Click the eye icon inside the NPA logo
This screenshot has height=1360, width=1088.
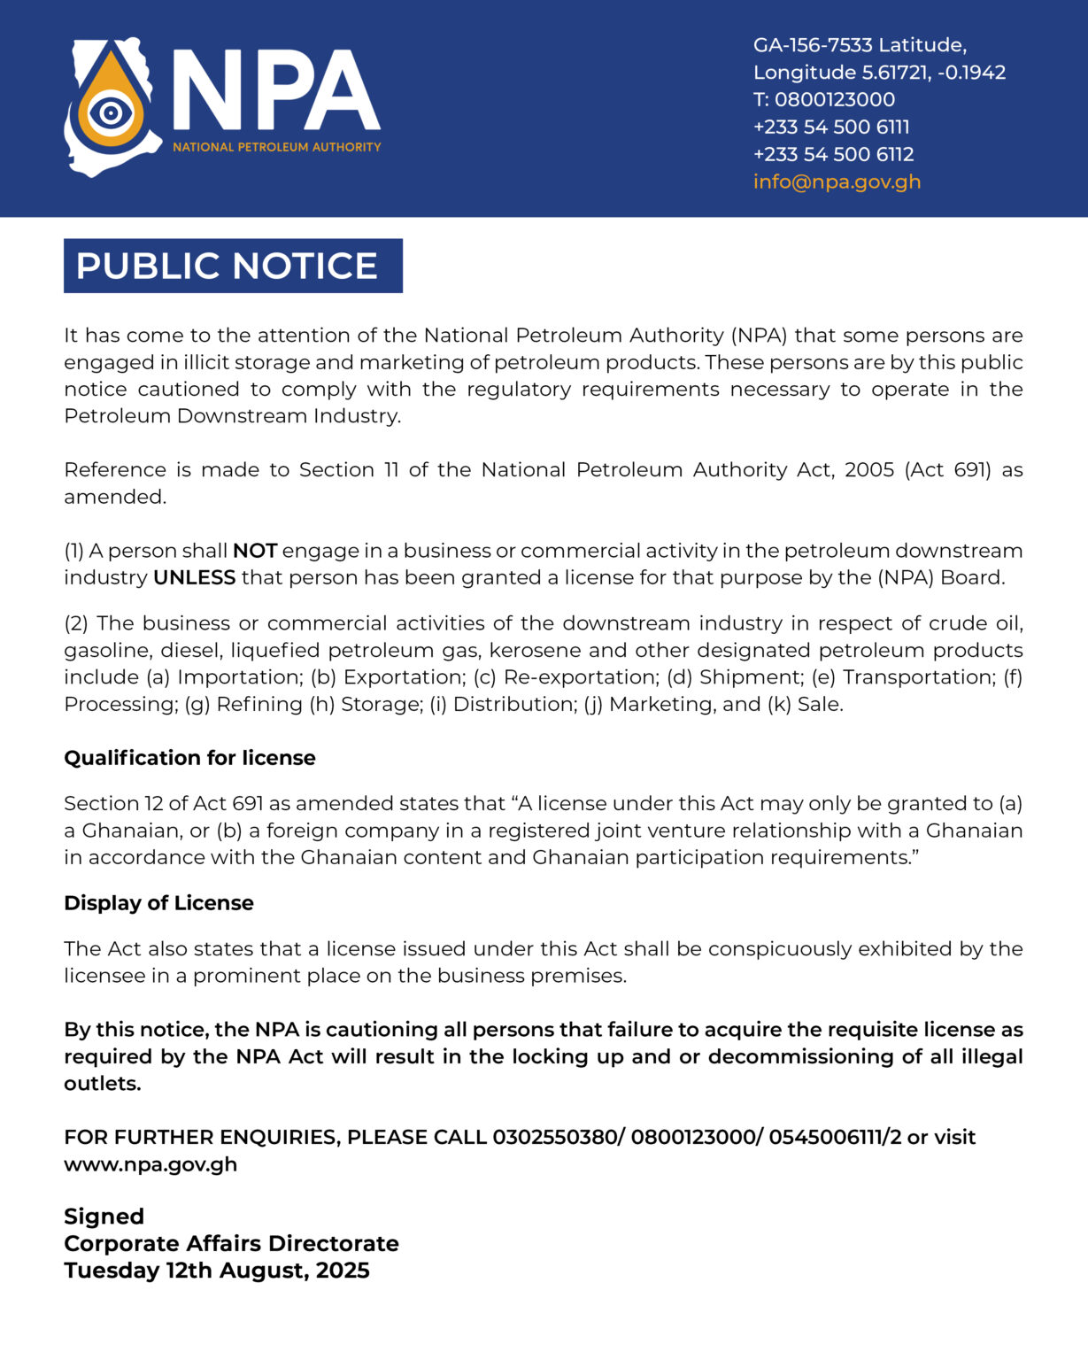click(x=112, y=112)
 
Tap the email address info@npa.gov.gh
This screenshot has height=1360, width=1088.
click(x=837, y=182)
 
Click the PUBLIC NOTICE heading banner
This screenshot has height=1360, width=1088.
click(x=233, y=266)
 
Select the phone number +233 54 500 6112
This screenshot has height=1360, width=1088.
click(x=833, y=154)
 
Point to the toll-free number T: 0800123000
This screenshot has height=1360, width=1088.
click(x=823, y=99)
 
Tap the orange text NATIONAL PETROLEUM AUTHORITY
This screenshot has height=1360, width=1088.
click(x=276, y=147)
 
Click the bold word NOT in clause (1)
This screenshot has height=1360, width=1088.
click(x=255, y=551)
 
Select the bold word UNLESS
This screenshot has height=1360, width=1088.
click(x=194, y=578)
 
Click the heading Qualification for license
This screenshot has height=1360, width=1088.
click(x=189, y=758)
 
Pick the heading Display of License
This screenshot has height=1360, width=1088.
click(x=158, y=903)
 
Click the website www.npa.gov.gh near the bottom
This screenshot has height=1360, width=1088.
click(x=150, y=1164)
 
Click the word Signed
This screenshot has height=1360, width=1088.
click(x=104, y=1217)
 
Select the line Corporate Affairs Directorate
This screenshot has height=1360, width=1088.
click(x=231, y=1243)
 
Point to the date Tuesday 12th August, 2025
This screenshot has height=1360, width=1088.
click(x=217, y=1271)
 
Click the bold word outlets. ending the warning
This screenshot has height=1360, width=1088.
click(x=102, y=1084)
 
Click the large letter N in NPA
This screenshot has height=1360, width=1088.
click(x=206, y=91)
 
